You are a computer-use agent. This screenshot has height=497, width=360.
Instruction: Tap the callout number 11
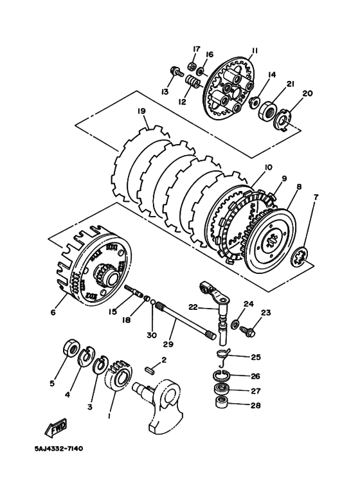[255, 51]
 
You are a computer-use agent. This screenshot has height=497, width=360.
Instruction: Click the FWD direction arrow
[57, 427]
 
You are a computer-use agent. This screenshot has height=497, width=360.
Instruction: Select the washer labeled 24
[235, 321]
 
